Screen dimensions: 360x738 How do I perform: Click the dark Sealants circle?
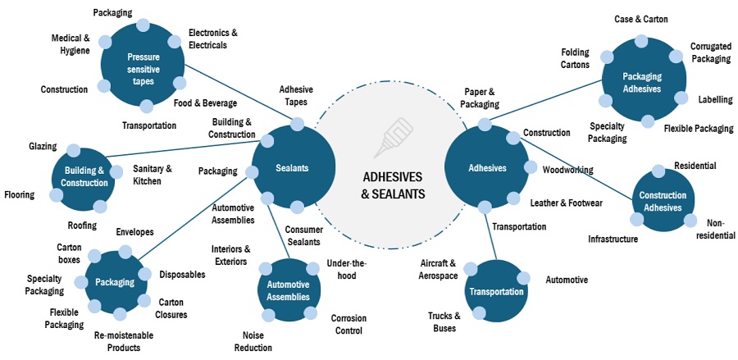[293, 168]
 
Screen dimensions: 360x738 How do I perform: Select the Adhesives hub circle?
[486, 168]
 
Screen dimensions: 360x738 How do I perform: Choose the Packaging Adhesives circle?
[642, 83]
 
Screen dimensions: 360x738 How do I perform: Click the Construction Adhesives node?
[661, 202]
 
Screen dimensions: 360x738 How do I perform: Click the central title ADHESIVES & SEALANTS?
[393, 186]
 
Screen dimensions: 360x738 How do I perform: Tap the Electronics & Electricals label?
[212, 39]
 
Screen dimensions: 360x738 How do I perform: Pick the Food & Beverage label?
[205, 103]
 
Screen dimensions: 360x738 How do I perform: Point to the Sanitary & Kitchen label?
[153, 175]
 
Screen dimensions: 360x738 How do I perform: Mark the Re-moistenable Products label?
[123, 340]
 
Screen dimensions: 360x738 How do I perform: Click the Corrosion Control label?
[348, 323]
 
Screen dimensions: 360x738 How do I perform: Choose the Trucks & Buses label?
[444, 321]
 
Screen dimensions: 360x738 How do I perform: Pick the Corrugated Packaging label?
[710, 52]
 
